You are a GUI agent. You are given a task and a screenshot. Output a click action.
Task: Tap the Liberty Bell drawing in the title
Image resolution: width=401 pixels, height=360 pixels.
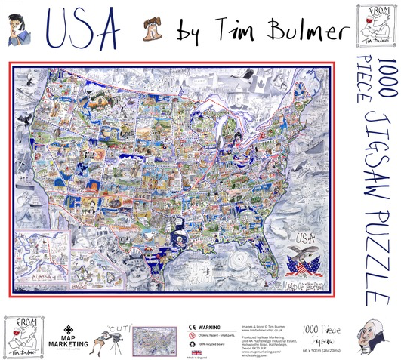[152, 29]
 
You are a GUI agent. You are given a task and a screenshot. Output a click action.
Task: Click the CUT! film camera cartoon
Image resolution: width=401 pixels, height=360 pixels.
[117, 333]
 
